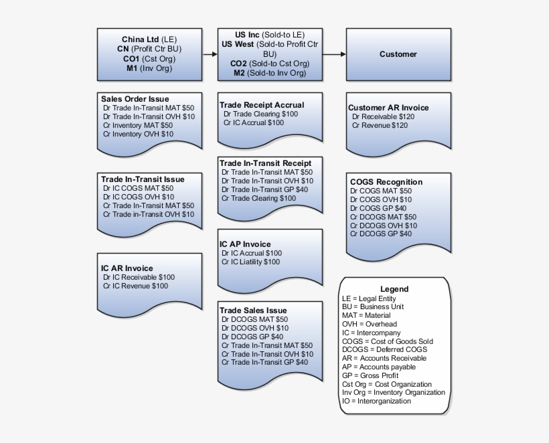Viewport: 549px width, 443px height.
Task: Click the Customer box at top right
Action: click(x=398, y=54)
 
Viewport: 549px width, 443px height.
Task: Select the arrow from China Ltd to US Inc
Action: click(x=210, y=54)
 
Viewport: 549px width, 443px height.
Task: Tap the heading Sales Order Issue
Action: click(x=135, y=99)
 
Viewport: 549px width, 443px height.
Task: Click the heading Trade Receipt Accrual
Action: click(x=262, y=105)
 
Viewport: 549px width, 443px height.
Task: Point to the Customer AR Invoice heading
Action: click(x=388, y=108)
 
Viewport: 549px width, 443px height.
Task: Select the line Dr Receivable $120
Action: click(x=383, y=116)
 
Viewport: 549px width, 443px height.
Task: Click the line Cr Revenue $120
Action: click(x=380, y=125)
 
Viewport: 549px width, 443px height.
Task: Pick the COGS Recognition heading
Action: click(x=386, y=182)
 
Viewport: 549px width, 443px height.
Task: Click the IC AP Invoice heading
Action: click(x=246, y=244)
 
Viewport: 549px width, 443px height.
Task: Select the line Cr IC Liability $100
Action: click(x=251, y=262)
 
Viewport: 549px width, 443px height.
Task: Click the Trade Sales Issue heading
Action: click(x=254, y=311)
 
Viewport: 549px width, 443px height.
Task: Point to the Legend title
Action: click(x=394, y=289)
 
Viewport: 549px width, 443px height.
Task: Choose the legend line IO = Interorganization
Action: click(x=376, y=402)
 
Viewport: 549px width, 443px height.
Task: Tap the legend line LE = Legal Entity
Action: click(x=369, y=298)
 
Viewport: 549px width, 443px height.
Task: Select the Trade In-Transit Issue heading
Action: click(x=143, y=179)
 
